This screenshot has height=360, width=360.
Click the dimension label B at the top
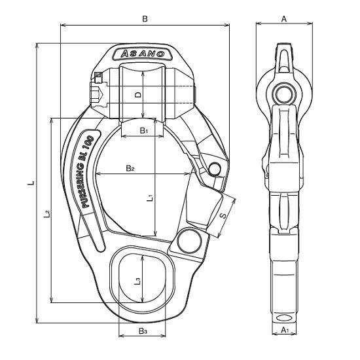pos(145,19)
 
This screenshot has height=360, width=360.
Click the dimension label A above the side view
pos(284,19)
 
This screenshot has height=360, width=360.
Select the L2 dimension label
pos(47,214)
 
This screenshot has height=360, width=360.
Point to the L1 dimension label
pos(150,198)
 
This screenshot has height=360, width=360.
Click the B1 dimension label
pos(144,131)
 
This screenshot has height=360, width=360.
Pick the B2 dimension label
pos(130,168)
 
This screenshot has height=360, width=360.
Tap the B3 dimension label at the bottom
pos(142,331)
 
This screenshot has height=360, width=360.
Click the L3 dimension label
pos(137,281)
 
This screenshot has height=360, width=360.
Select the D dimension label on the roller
pos(138,95)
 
